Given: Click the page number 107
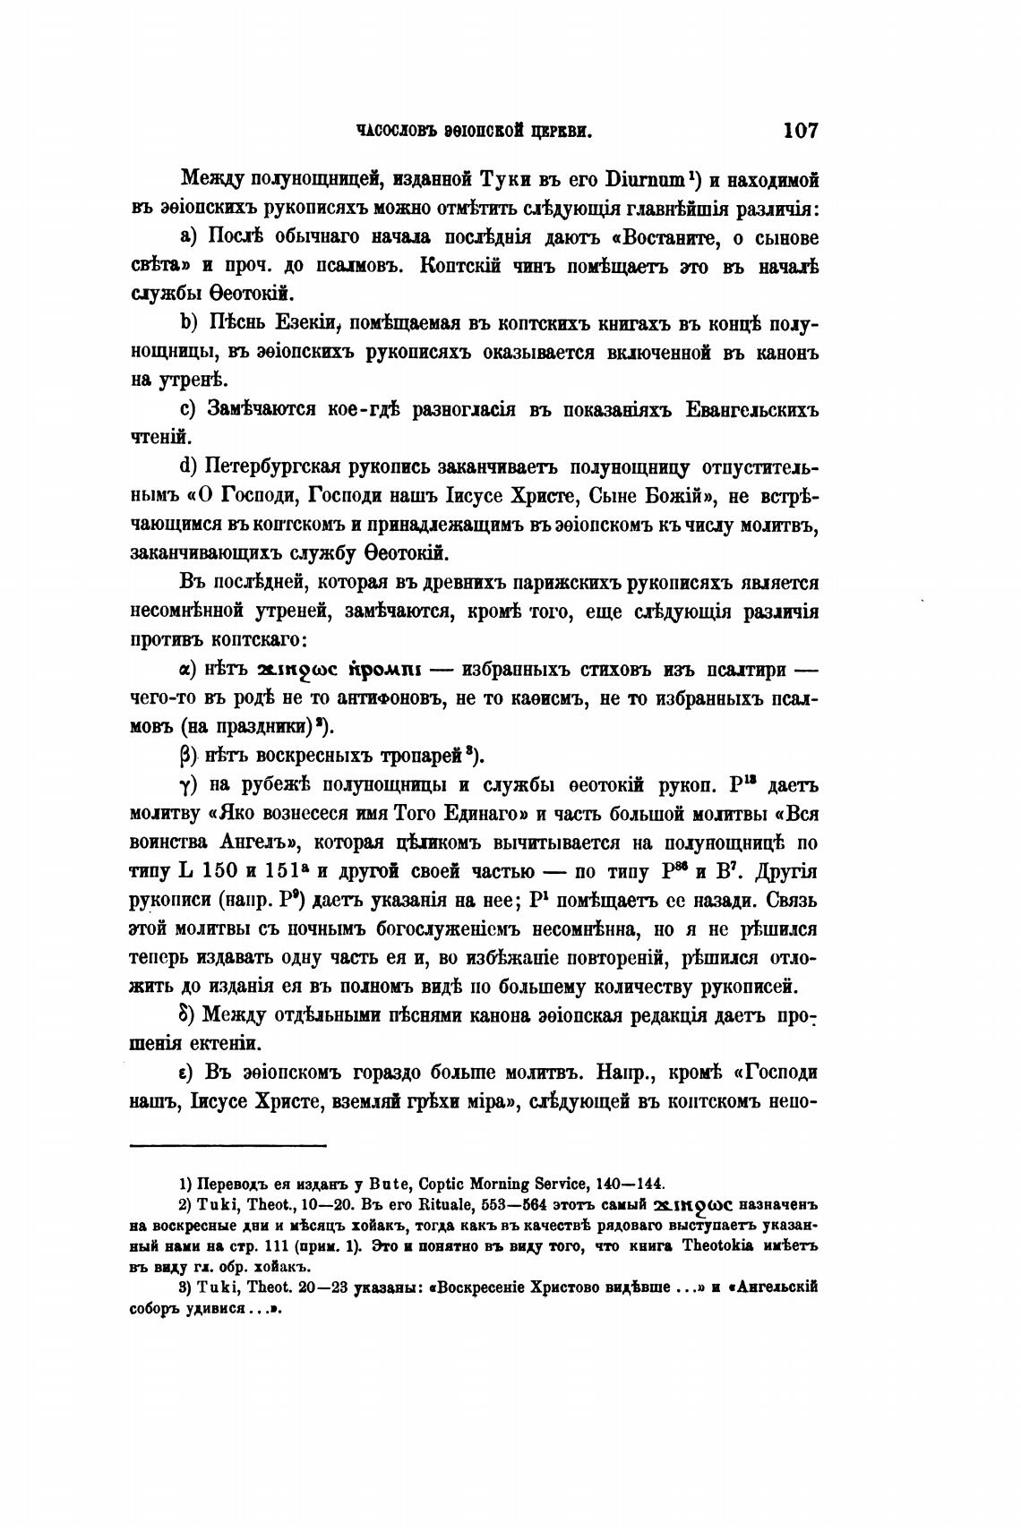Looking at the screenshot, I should tap(801, 131).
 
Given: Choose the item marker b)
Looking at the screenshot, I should tap(189, 323).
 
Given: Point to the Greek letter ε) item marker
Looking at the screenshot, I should tap(187, 1073).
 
